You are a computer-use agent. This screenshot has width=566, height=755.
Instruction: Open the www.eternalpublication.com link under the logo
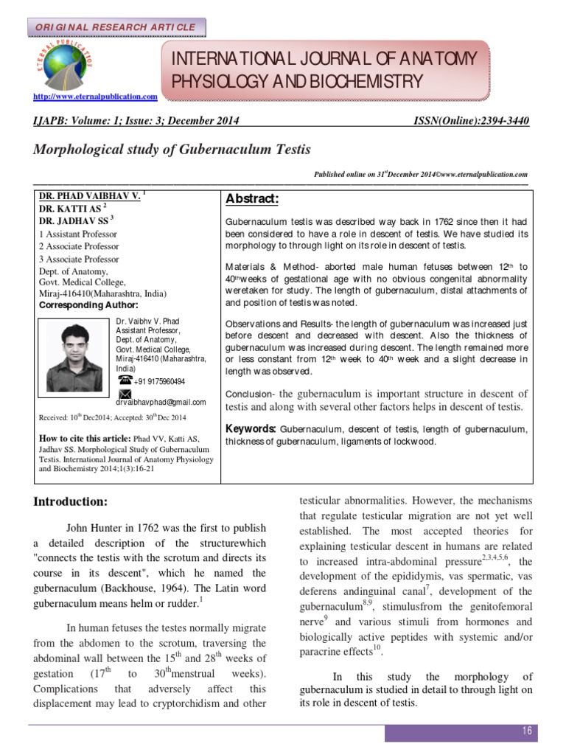coord(96,97)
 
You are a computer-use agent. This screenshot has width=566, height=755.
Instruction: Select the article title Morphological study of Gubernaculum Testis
coord(172,150)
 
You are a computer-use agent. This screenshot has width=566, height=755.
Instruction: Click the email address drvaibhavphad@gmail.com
coord(161,403)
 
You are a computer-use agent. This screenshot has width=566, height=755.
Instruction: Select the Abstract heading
coord(252,200)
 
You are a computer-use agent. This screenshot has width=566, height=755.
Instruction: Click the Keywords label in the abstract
coord(251,429)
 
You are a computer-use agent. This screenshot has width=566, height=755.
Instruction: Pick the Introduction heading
coord(71,501)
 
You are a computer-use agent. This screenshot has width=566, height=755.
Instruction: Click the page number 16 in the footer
coord(527,730)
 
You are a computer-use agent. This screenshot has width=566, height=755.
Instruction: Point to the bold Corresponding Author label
coord(88,304)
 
